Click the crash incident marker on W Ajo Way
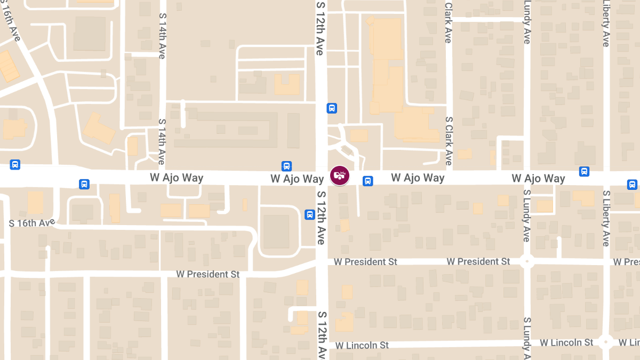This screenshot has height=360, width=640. (340, 175)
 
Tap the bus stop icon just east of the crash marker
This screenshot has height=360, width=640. (367, 181)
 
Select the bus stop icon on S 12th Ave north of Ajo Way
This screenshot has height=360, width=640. (332, 108)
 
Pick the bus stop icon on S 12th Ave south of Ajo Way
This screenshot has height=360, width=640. (309, 214)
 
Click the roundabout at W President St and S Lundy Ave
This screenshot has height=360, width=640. (527, 261)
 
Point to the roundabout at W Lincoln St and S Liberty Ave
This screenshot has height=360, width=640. (605, 342)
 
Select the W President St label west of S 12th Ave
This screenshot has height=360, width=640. (208, 274)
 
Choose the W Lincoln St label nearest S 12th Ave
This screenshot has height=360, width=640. (362, 346)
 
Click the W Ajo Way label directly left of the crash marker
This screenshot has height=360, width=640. (297, 179)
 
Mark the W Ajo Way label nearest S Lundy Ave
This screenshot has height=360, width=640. (538, 178)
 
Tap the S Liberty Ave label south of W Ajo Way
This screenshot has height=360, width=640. (606, 218)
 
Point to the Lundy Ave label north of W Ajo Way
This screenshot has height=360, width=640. (527, 22)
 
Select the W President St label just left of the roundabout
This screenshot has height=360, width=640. (478, 261)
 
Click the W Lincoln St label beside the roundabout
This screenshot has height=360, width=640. (566, 342)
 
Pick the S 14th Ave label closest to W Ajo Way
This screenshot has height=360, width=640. (162, 141)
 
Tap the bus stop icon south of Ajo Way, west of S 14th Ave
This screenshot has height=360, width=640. (84, 184)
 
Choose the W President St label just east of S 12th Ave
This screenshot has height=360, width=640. (366, 262)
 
